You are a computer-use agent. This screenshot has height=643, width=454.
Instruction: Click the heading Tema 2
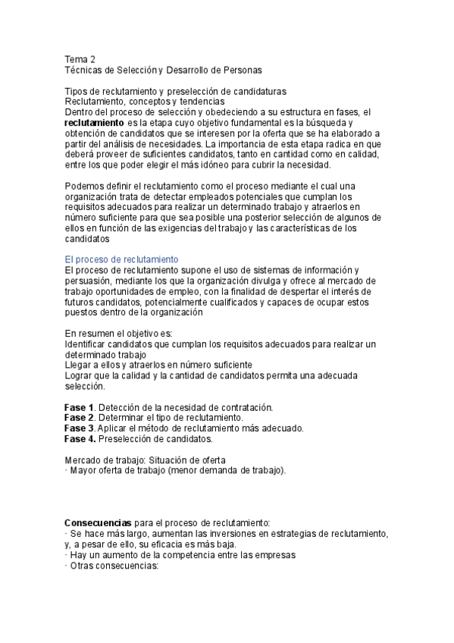point(80,59)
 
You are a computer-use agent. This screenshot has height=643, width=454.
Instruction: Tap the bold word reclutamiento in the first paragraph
point(94,122)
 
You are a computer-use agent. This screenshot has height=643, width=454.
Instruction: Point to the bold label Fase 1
point(79,407)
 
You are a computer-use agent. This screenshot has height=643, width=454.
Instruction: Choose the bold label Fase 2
point(79,418)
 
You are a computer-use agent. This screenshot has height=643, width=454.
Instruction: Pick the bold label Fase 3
point(79,428)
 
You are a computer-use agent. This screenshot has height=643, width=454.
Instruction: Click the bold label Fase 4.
point(79,438)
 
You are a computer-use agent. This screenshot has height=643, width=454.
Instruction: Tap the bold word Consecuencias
point(99,523)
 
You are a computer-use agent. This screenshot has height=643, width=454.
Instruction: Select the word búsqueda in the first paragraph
point(327,122)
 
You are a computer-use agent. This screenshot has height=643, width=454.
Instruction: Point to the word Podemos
point(83,186)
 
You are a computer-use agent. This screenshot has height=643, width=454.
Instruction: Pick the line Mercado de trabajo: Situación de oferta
point(144,460)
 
